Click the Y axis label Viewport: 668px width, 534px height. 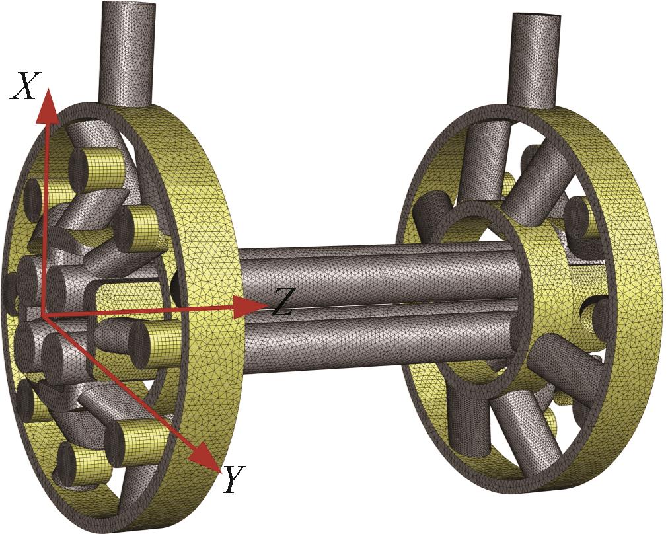(x=234, y=478)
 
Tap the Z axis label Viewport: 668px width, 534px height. (x=281, y=302)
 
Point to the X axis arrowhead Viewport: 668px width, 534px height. (x=48, y=106)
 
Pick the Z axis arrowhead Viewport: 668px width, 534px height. (x=251, y=305)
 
